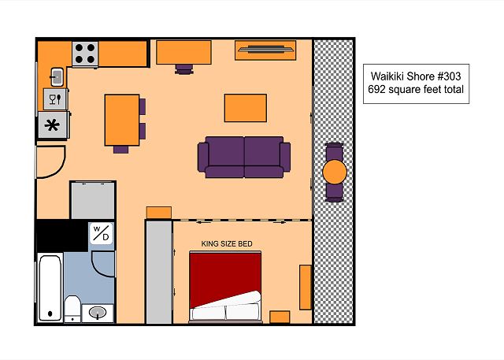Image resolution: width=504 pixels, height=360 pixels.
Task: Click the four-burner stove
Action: coord(85,54)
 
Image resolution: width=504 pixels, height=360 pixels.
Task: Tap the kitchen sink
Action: coord(57,77)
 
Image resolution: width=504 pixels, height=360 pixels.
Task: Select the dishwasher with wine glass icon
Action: coord(55,99)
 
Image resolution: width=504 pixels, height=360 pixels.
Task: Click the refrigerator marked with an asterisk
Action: coord(53,125)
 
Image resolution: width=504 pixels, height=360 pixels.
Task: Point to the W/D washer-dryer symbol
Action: coord(102,233)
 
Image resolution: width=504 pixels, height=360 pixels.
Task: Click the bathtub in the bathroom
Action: coord(50,288)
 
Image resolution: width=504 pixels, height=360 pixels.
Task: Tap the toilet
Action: coord(72,309)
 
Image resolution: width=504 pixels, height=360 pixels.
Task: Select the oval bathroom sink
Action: coord(98,313)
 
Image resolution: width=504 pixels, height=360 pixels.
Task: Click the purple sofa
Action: coord(244,158)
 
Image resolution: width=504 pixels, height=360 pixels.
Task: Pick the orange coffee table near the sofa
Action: coord(246,108)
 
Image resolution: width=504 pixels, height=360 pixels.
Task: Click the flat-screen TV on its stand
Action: coord(265,50)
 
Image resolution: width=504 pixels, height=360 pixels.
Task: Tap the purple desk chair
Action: coord(184,69)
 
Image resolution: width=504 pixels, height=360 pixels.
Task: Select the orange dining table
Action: coord(122,120)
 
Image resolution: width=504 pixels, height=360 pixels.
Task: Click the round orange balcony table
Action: coord(335,172)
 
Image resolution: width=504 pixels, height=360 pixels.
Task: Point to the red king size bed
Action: coord(225,287)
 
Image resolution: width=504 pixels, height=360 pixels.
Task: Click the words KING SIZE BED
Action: coord(227,244)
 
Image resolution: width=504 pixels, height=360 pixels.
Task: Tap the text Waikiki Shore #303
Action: coord(416,76)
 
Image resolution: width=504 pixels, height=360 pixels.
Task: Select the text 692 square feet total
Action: coord(416,89)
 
